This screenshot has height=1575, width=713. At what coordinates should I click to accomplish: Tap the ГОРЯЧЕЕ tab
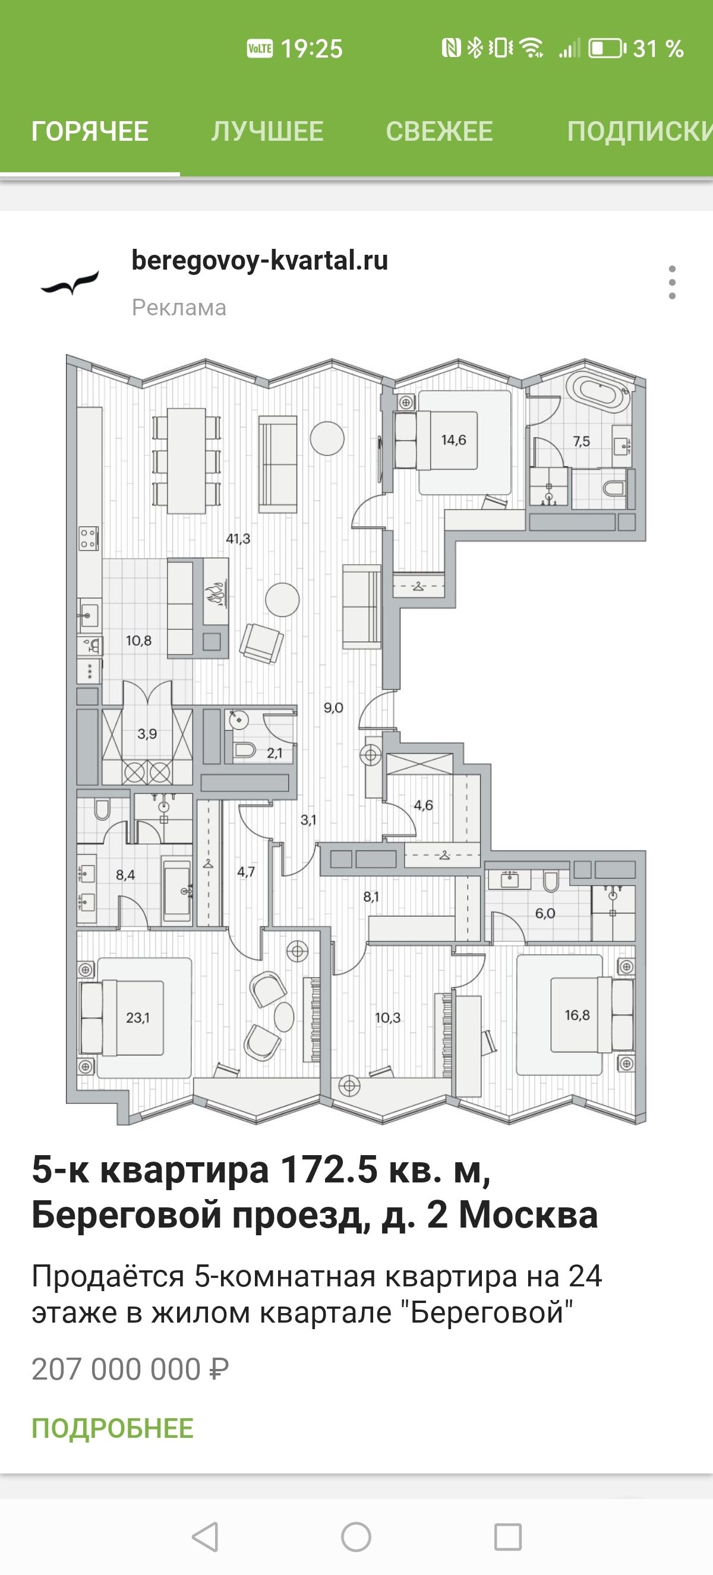(x=90, y=131)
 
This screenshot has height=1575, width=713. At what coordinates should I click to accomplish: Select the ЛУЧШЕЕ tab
(x=267, y=131)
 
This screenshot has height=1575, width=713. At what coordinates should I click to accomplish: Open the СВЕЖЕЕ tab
(x=439, y=131)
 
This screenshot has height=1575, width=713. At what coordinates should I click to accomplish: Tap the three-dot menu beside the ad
(x=672, y=283)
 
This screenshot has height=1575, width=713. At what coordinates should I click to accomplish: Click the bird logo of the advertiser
(x=70, y=283)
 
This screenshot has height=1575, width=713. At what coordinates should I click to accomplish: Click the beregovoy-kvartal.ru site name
(x=260, y=261)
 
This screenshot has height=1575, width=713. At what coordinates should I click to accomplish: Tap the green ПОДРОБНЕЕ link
(x=112, y=1429)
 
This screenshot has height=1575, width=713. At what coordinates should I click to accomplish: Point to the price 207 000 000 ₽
(x=130, y=1370)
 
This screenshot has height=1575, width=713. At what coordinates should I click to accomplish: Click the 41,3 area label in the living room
(x=238, y=539)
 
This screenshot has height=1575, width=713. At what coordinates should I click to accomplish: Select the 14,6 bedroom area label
(x=453, y=440)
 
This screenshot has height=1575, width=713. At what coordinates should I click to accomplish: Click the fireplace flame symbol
(x=216, y=593)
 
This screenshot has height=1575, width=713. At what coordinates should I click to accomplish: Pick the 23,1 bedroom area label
(x=138, y=1018)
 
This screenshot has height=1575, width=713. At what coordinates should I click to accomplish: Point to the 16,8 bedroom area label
(x=576, y=1015)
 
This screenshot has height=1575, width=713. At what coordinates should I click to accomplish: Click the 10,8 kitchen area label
(x=138, y=641)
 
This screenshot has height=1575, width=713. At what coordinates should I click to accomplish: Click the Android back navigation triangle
(x=206, y=1536)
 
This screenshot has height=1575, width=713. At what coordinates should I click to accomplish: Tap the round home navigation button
(x=356, y=1536)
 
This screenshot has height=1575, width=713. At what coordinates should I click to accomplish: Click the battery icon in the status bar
(x=607, y=48)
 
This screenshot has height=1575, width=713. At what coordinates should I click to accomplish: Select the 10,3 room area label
(x=387, y=1018)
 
